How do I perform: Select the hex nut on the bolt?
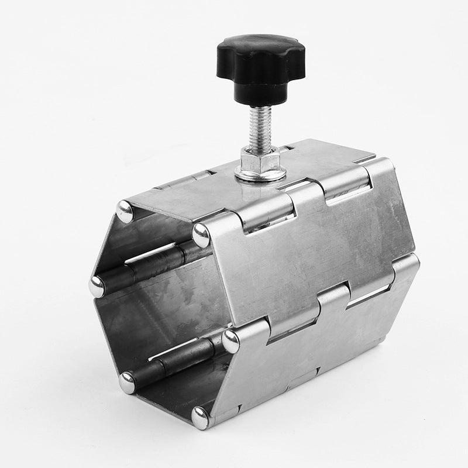259,159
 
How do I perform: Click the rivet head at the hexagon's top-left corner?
125,211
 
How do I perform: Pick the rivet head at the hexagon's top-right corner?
202,235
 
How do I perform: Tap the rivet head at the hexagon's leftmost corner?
97,286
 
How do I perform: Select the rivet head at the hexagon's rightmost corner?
230,340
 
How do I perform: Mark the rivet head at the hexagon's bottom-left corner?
127,382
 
